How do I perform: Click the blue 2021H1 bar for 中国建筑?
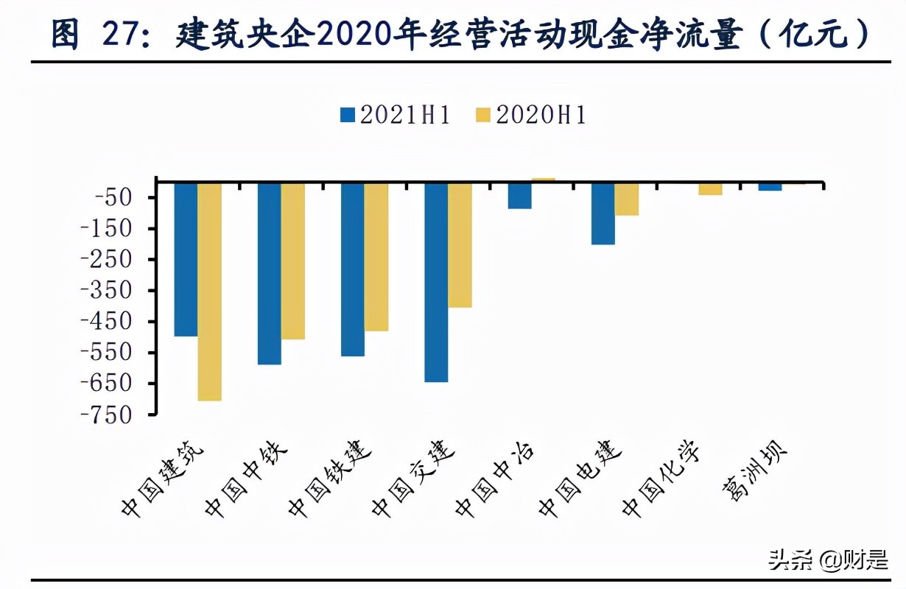(x=186, y=259)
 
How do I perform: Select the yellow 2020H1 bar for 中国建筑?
(x=209, y=292)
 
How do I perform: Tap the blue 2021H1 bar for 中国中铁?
(x=269, y=273)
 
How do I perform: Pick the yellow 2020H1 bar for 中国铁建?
(x=376, y=257)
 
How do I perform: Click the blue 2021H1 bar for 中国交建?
(x=436, y=282)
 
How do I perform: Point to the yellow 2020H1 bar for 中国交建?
(x=460, y=244)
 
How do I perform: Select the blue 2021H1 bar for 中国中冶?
(x=519, y=196)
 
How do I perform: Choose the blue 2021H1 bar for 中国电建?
(x=603, y=214)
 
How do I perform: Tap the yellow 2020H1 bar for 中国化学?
(x=710, y=189)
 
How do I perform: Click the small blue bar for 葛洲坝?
(x=770, y=187)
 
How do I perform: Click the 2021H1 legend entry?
(x=394, y=116)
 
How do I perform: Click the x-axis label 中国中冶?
(x=495, y=482)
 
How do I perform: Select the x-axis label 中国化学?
(x=661, y=482)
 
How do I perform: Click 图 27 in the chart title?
(x=96, y=35)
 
